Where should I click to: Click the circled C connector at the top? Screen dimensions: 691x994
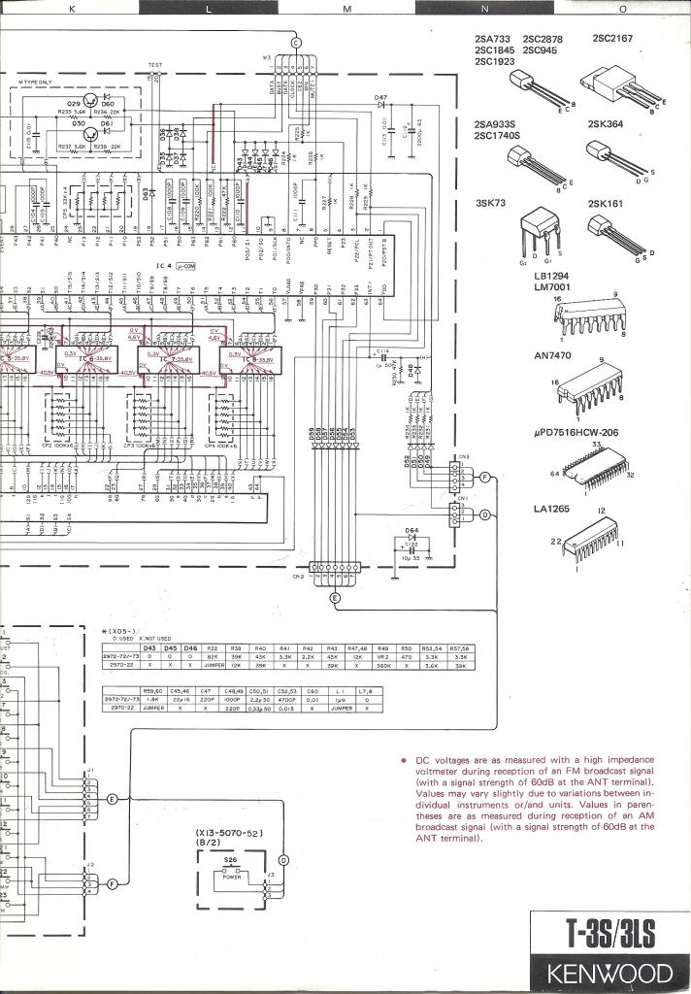[x=297, y=41]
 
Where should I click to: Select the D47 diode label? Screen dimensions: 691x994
[x=381, y=98]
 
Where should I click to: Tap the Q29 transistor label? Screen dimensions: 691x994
[x=74, y=102]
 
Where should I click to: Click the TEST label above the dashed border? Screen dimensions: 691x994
[x=155, y=66]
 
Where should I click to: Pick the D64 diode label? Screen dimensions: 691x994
[x=411, y=531]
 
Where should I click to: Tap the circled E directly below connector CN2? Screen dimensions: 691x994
[x=335, y=598]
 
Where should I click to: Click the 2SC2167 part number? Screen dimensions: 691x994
[x=612, y=39]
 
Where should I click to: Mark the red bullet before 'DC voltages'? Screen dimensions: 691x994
[x=401, y=760]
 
